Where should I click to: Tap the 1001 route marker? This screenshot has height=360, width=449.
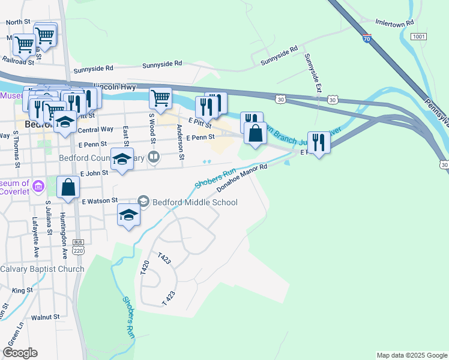click(418, 37)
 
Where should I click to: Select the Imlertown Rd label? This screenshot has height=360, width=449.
click(394, 22)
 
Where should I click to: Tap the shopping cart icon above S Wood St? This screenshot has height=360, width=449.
click(160, 97)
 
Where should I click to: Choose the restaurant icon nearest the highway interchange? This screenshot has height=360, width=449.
click(319, 142)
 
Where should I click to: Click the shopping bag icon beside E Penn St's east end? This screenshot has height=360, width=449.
click(256, 133)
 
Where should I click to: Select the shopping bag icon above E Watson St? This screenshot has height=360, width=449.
click(68, 187)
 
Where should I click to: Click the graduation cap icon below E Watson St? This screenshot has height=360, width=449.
click(128, 215)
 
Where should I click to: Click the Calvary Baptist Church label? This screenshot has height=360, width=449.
click(42, 269)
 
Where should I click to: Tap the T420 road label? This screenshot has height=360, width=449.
click(144, 268)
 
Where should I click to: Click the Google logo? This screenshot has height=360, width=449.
click(20, 353)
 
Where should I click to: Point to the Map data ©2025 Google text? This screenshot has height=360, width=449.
click(411, 355)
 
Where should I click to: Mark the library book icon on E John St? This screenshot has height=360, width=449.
click(154, 158)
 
